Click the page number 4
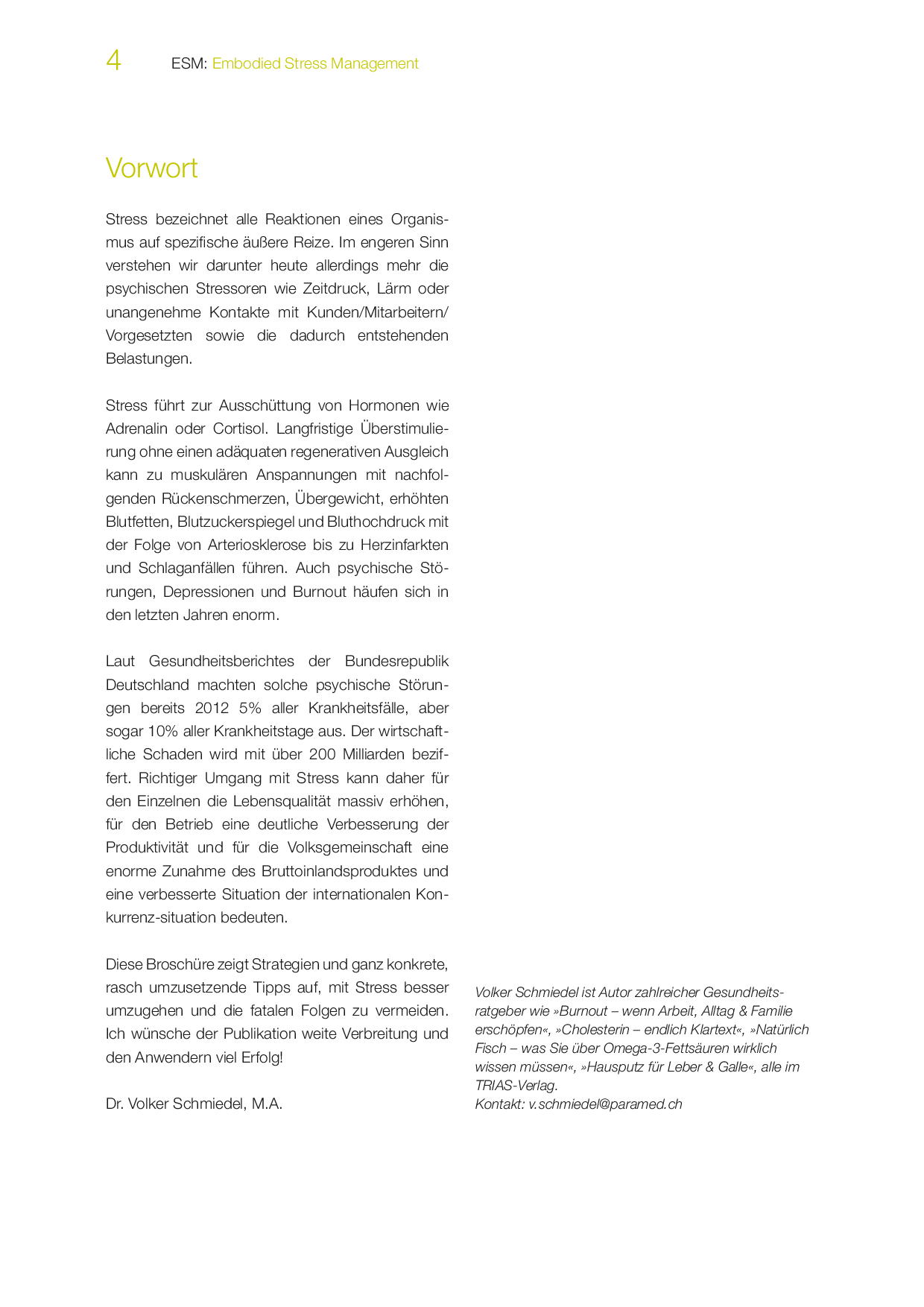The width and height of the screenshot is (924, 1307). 113,60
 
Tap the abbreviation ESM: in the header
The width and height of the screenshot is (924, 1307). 189,64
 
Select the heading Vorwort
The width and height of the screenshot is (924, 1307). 151,168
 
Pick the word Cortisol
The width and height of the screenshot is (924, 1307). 240,428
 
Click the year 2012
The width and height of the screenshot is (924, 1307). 212,708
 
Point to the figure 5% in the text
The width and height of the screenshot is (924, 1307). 250,708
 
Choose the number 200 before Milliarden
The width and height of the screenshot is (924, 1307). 322,754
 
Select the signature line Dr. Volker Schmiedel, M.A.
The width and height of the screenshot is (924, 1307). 194,1104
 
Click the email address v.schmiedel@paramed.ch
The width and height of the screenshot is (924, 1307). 605,1104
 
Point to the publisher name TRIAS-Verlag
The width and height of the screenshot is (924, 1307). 516,1086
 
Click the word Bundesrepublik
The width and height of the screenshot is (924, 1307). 396,662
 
